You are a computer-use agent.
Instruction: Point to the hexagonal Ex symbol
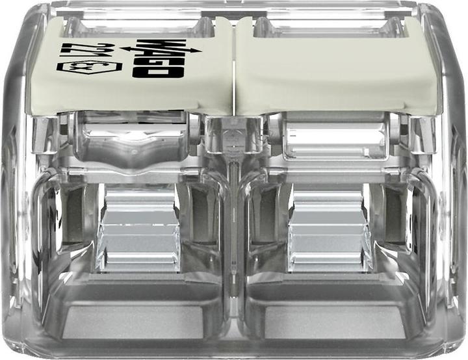[89, 67]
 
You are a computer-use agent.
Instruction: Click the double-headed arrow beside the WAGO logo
[161, 49]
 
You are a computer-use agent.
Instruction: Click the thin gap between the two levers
[234, 66]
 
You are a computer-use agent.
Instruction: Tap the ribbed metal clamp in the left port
[139, 228]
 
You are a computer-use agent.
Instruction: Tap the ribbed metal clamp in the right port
[328, 228]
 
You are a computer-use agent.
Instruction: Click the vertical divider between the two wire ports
[234, 238]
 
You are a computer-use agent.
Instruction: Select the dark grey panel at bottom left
[133, 322]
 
